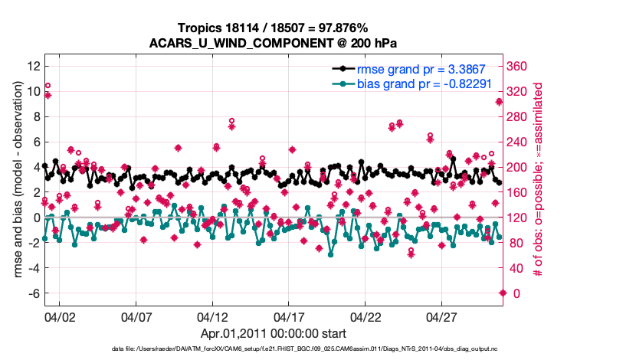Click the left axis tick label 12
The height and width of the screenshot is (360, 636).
[32, 66]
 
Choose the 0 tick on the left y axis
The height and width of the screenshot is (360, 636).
[36, 218]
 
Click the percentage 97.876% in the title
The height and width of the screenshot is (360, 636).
[344, 28]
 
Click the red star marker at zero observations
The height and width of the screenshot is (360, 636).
[503, 293]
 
